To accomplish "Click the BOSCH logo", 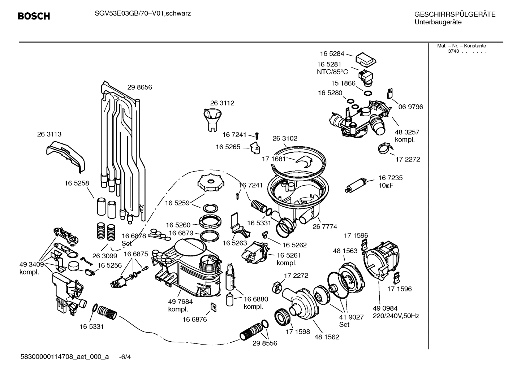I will coord(34,16).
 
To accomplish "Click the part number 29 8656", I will coord(139,87).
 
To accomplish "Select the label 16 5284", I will coord(332,53).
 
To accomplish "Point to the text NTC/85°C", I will coord(332,72).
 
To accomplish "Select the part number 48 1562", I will coord(327,337).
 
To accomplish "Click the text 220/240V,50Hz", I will coord(396,316).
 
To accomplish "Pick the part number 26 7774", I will coord(324,226).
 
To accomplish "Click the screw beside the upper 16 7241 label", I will coord(257,135).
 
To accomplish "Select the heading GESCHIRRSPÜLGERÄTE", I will coord(455,14).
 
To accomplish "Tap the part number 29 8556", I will coord(265,343).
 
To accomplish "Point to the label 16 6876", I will coord(194,319).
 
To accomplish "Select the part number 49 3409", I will coord(31,264).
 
